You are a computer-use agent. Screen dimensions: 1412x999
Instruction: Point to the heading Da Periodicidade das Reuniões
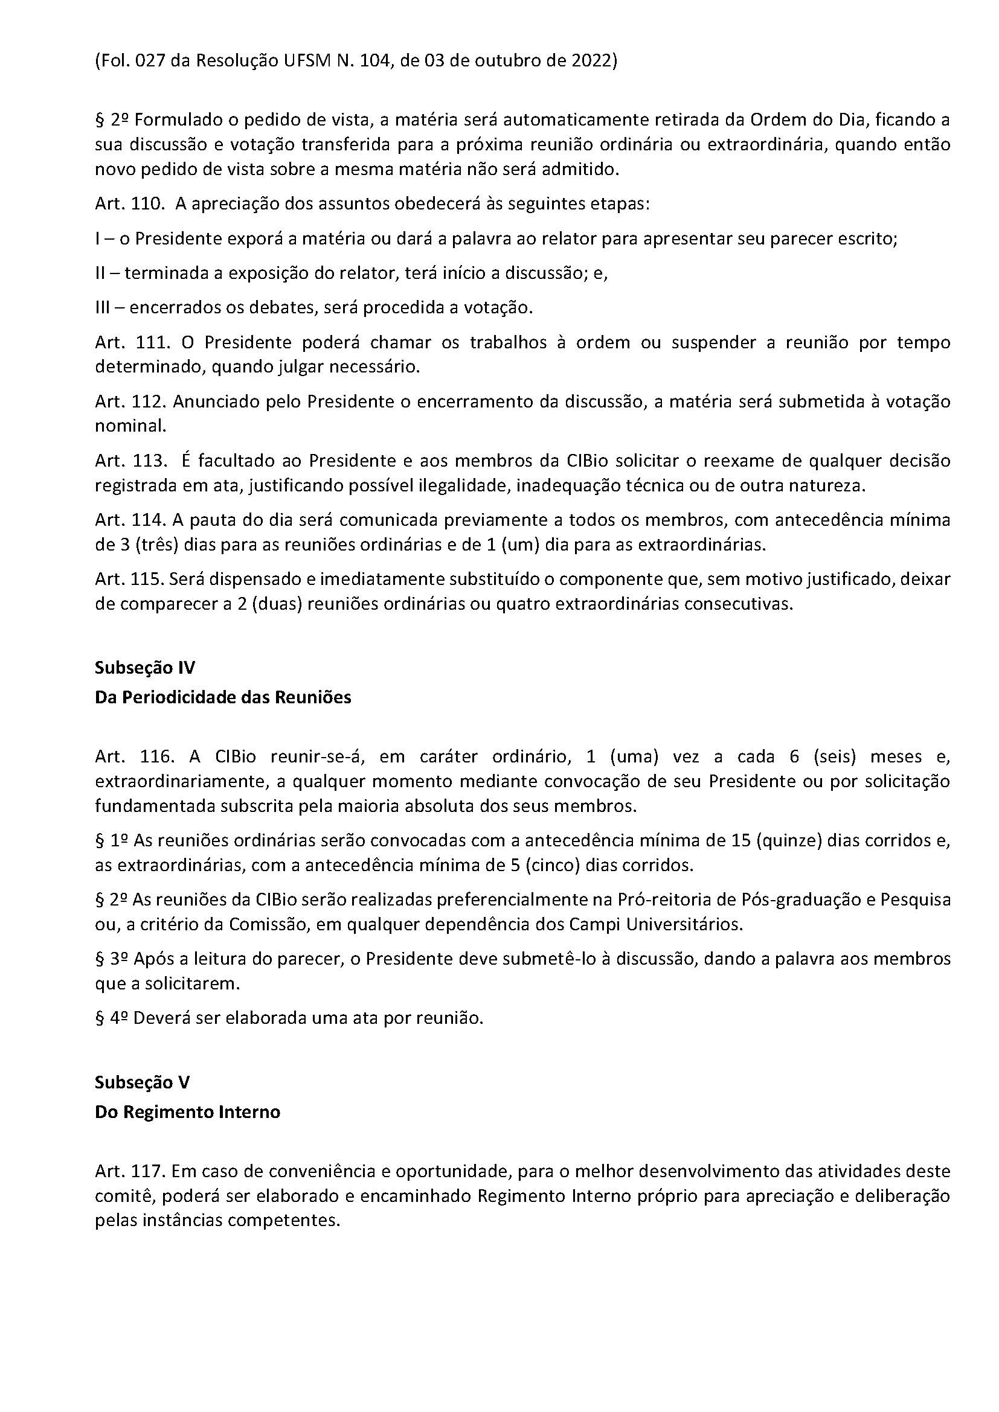coord(223,697)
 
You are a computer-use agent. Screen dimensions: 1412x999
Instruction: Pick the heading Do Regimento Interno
coord(188,1112)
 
